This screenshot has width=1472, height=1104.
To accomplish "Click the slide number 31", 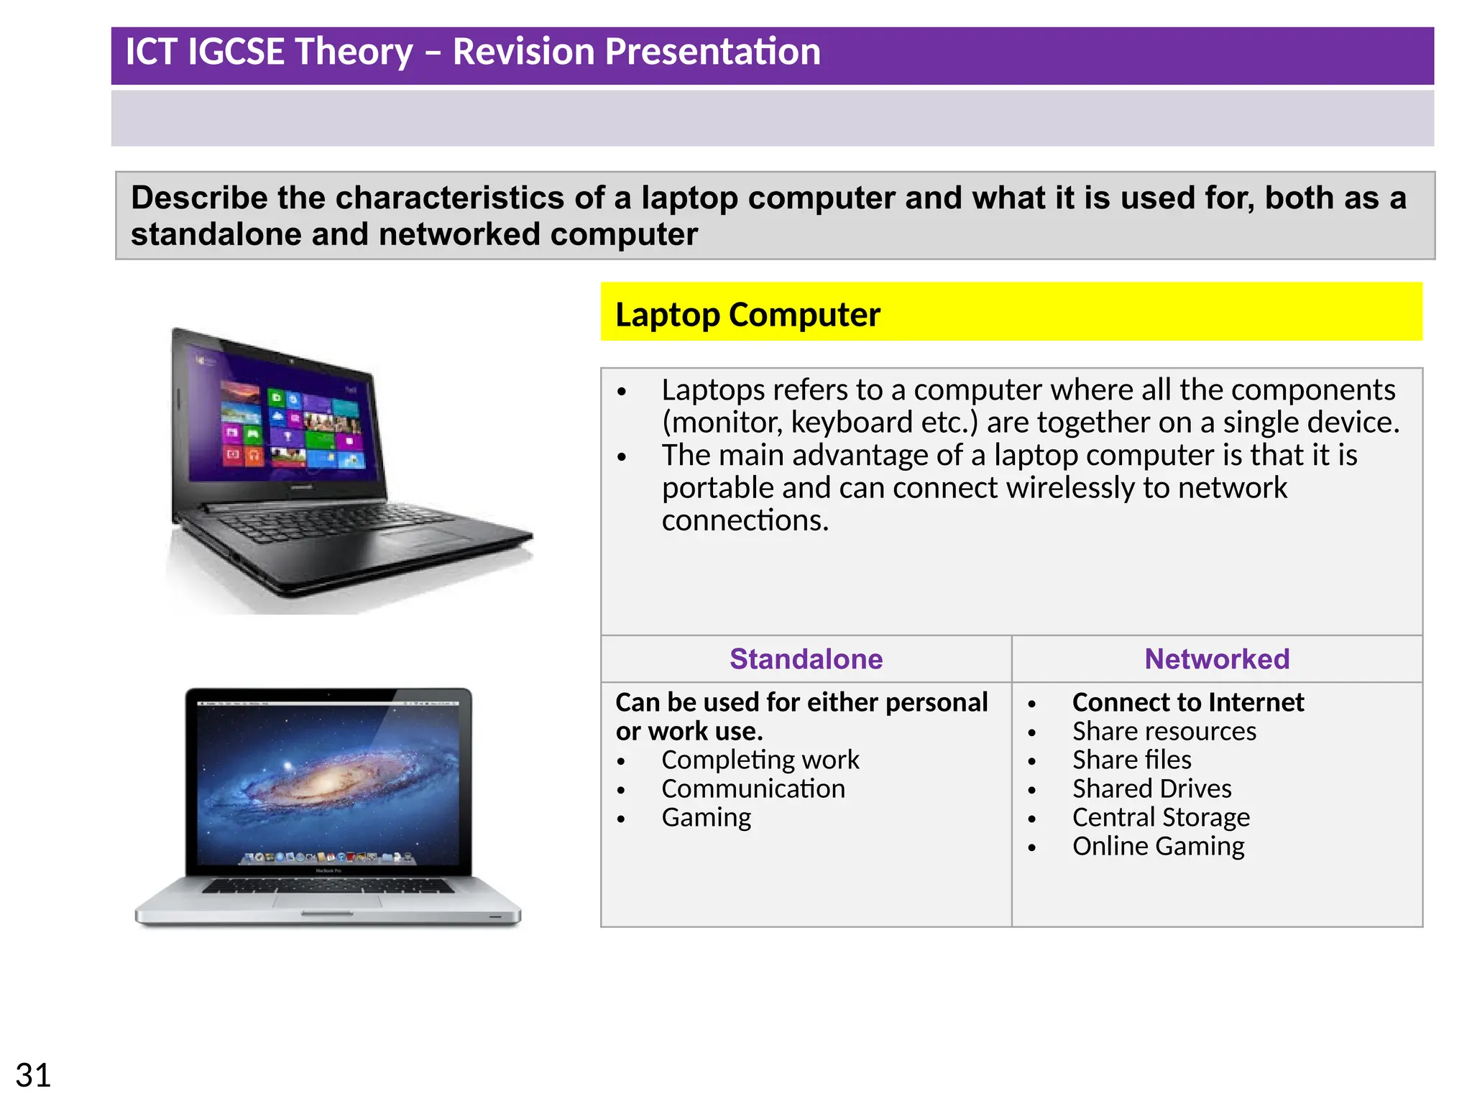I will click(33, 1075).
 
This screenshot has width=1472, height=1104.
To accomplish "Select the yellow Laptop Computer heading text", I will click(747, 315).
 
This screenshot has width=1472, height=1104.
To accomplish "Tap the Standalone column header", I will click(806, 659).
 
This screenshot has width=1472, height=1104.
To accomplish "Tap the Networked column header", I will click(1216, 659).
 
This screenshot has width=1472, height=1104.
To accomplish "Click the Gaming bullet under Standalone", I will click(706, 817).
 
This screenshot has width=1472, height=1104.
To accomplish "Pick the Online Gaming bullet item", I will click(1158, 846).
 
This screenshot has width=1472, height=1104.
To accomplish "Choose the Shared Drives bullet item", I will click(1151, 788).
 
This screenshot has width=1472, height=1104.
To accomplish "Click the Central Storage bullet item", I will click(1161, 817).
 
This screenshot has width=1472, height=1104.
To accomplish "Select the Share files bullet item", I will click(1131, 760).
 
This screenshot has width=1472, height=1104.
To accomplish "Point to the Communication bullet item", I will click(753, 788).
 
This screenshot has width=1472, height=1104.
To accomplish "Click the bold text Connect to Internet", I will click(1187, 702).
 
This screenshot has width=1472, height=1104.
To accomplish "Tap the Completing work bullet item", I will click(760, 760).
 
